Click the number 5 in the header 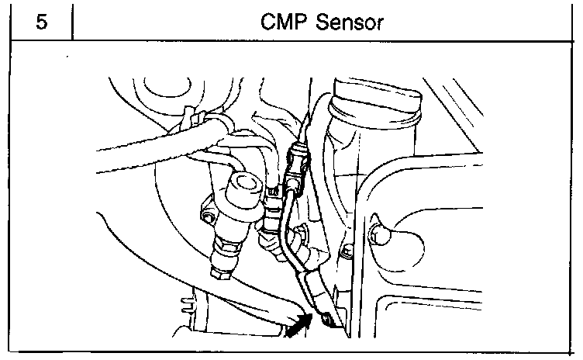click(40, 22)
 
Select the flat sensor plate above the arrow click(314, 291)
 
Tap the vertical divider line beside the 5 click(73, 22)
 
